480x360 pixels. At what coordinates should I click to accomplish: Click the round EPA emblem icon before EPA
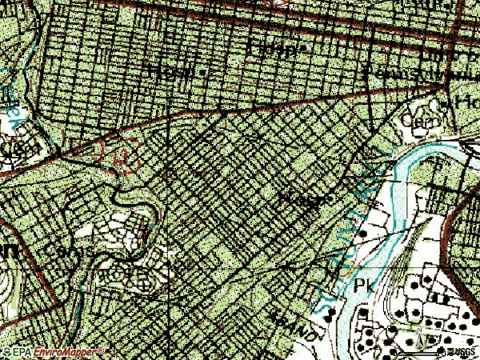click(x=8, y=352)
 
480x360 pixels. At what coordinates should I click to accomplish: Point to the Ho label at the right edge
click(x=465, y=102)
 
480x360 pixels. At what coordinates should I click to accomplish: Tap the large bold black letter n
click(x=8, y=251)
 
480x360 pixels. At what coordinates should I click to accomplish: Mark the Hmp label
click(x=277, y=48)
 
